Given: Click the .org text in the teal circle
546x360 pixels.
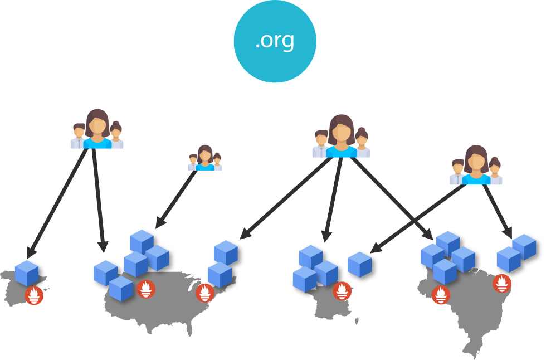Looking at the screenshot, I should pyautogui.click(x=274, y=41).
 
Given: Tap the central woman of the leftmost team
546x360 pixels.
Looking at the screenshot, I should pyautogui.click(x=97, y=129).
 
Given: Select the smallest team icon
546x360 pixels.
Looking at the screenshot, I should pyautogui.click(x=205, y=158).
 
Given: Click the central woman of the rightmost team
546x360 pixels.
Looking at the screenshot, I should pyautogui.click(x=476, y=165).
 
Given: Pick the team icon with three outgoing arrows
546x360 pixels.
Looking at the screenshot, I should pyautogui.click(x=340, y=137).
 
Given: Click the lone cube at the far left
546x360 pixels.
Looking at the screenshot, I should pyautogui.click(x=27, y=273).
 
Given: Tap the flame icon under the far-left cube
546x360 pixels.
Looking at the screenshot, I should pyautogui.click(x=35, y=295).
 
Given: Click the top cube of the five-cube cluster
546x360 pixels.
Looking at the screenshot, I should pyautogui.click(x=141, y=241).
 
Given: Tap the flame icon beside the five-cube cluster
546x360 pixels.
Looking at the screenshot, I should pyautogui.click(x=146, y=288).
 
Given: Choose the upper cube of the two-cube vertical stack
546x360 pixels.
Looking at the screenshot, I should pyautogui.click(x=226, y=252).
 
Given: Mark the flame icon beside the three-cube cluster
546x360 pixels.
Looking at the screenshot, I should pyautogui.click(x=342, y=290).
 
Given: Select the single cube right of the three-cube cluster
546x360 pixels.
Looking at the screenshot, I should pyautogui.click(x=359, y=264).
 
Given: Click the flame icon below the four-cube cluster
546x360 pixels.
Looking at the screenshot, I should pyautogui.click(x=441, y=295).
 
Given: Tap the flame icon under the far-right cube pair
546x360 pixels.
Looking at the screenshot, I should pyautogui.click(x=502, y=283).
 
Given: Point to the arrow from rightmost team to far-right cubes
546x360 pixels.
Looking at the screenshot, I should pyautogui.click(x=497, y=210).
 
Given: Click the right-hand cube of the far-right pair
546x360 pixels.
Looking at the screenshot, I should pyautogui.click(x=524, y=246).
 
